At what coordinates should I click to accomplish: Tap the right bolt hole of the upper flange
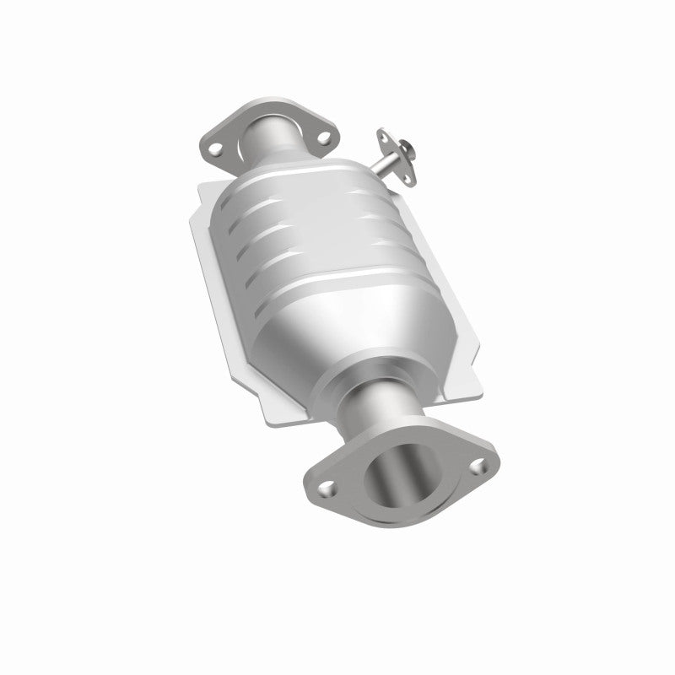pos(324,131)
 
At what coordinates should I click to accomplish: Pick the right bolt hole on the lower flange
pos(480,463)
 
